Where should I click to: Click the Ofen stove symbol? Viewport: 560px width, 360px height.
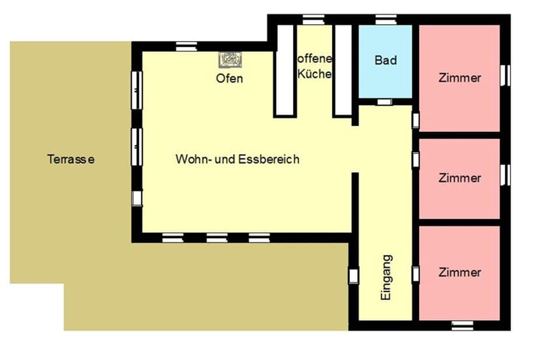(x=229, y=60)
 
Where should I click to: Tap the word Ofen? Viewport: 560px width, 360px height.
(x=229, y=79)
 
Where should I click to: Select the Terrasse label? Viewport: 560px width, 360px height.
(x=71, y=159)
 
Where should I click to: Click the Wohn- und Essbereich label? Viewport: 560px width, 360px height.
(x=237, y=159)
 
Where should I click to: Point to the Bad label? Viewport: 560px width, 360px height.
(x=386, y=61)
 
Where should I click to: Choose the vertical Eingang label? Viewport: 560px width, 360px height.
(x=386, y=277)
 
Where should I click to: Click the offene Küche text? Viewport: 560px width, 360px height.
(x=314, y=67)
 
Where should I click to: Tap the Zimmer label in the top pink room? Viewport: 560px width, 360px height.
(x=460, y=78)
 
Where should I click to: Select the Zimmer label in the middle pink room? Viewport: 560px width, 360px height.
(x=460, y=178)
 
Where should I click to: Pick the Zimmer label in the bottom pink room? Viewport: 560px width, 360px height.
(x=460, y=272)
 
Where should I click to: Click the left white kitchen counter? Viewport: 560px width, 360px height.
(x=284, y=71)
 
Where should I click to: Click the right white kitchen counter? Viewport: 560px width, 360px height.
(x=343, y=71)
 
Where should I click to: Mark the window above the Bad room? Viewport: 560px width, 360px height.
(x=386, y=20)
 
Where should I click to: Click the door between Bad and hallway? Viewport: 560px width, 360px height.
(x=384, y=102)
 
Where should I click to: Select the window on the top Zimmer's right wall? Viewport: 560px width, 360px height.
(x=506, y=75)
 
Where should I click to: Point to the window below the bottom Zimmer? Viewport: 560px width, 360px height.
(x=463, y=325)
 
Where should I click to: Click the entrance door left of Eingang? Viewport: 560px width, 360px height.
(x=353, y=275)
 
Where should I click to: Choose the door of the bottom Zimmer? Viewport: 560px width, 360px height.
(x=416, y=273)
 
